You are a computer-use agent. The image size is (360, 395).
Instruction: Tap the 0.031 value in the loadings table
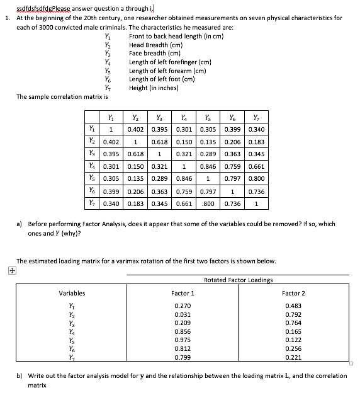pyautogui.click(x=183, y=314)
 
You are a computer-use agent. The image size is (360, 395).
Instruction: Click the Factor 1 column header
pyautogui.click(x=183, y=293)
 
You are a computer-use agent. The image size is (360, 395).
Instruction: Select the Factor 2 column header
pyautogui.click(x=293, y=293)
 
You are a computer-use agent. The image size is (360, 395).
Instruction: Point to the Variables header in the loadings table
pyautogui.click(x=72, y=293)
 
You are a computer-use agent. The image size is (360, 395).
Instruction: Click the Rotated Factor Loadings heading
pyautogui.click(x=238, y=280)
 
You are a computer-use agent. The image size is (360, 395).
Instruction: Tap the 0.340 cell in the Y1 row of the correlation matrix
pyautogui.click(x=256, y=130)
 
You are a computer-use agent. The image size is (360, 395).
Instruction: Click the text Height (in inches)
pyautogui.click(x=154, y=88)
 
